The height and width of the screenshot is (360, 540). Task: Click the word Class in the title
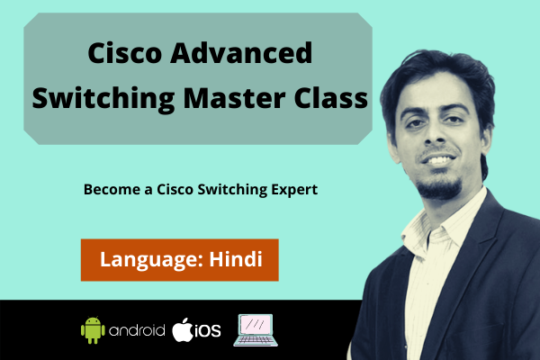(332, 97)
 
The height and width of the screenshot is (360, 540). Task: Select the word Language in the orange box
(148, 260)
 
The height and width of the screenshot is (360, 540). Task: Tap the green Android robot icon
(93, 330)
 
